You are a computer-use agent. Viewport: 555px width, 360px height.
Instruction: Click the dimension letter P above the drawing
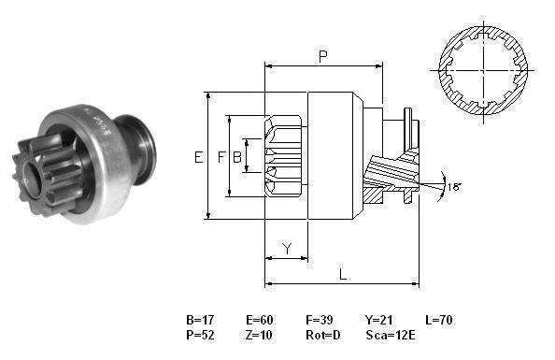(322, 56)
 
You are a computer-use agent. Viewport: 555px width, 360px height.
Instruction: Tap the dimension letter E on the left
(199, 157)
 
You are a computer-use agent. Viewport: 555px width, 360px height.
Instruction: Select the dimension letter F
(221, 157)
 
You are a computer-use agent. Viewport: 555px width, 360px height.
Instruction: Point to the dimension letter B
(236, 157)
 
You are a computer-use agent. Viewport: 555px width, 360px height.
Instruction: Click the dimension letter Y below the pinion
(288, 249)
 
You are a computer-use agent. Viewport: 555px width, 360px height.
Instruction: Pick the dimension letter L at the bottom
(343, 274)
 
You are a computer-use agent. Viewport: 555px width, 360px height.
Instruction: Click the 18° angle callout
(454, 186)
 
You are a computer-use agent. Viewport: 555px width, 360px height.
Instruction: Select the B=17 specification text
(200, 320)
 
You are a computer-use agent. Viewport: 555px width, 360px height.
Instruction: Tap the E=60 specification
(260, 320)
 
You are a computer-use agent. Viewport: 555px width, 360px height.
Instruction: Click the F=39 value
(320, 320)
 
